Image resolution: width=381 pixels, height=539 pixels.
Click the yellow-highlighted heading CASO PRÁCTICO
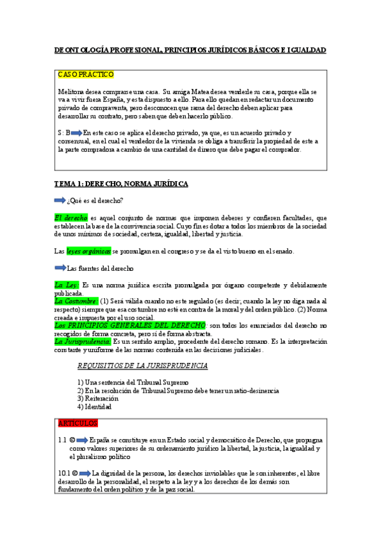[x=86, y=74]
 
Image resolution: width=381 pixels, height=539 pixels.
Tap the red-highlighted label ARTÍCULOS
[x=77, y=423]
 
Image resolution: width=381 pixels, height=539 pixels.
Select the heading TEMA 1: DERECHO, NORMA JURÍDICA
[x=121, y=184]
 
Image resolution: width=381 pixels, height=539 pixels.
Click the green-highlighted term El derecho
[x=71, y=217]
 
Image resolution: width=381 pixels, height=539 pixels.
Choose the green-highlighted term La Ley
[x=66, y=285]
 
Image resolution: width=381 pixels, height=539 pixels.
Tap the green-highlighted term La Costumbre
[x=76, y=301]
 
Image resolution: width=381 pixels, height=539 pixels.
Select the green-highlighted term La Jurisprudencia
[x=83, y=341]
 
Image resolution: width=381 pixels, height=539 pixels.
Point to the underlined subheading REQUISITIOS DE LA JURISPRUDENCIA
[x=142, y=365]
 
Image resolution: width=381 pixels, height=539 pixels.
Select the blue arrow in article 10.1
[x=85, y=473]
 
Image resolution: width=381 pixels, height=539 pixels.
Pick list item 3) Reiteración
[x=98, y=399]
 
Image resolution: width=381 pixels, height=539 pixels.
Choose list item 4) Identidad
[x=94, y=407]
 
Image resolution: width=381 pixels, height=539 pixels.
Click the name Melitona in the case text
[x=72, y=92]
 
